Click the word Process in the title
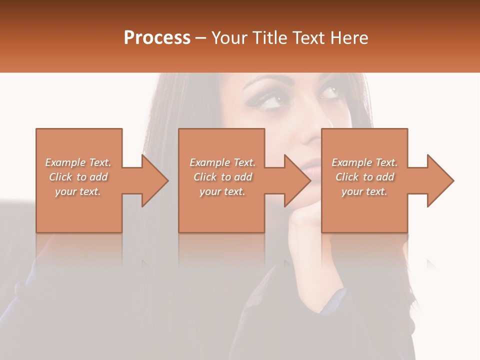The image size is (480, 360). tap(157, 38)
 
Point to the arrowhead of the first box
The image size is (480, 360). tap(155, 180)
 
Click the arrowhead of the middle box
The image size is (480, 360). tap(297, 180)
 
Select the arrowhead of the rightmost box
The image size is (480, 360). tap(440, 180)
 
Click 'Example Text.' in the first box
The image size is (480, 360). tap(78, 162)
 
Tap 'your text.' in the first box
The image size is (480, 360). tap(78, 191)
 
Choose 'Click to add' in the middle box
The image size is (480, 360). tap(222, 177)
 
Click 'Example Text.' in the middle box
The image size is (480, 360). tap(222, 162)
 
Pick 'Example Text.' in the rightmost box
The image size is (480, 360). tap(364, 162)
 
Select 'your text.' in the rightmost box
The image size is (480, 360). tap(364, 191)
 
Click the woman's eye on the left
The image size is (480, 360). tap(268, 99)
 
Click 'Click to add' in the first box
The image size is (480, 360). tap(78, 177)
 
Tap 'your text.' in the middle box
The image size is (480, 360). tap(222, 191)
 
